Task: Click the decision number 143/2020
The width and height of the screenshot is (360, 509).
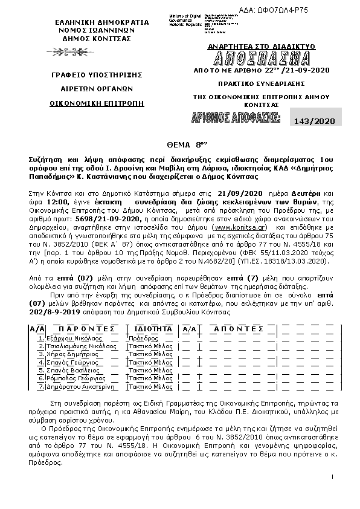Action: tap(310, 121)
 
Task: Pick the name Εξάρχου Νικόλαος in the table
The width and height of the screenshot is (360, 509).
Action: tap(69, 339)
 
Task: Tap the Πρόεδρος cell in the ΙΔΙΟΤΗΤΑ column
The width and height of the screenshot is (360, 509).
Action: tap(143, 339)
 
